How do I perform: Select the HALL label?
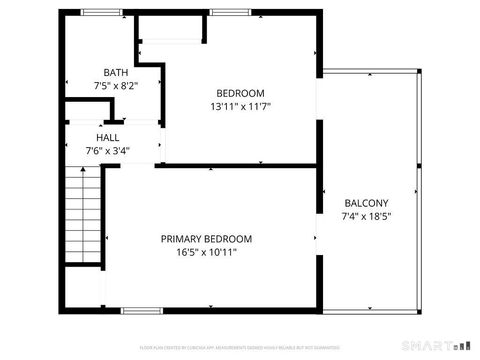click(x=108, y=137)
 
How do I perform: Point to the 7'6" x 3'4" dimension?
click(x=108, y=151)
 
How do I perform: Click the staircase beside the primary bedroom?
click(x=85, y=215)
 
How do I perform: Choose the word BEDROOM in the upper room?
click(x=241, y=92)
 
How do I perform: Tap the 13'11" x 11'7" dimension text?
click(x=241, y=106)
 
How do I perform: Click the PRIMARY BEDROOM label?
click(x=207, y=239)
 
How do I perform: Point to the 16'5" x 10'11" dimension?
click(x=207, y=253)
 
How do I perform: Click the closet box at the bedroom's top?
click(x=172, y=29)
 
